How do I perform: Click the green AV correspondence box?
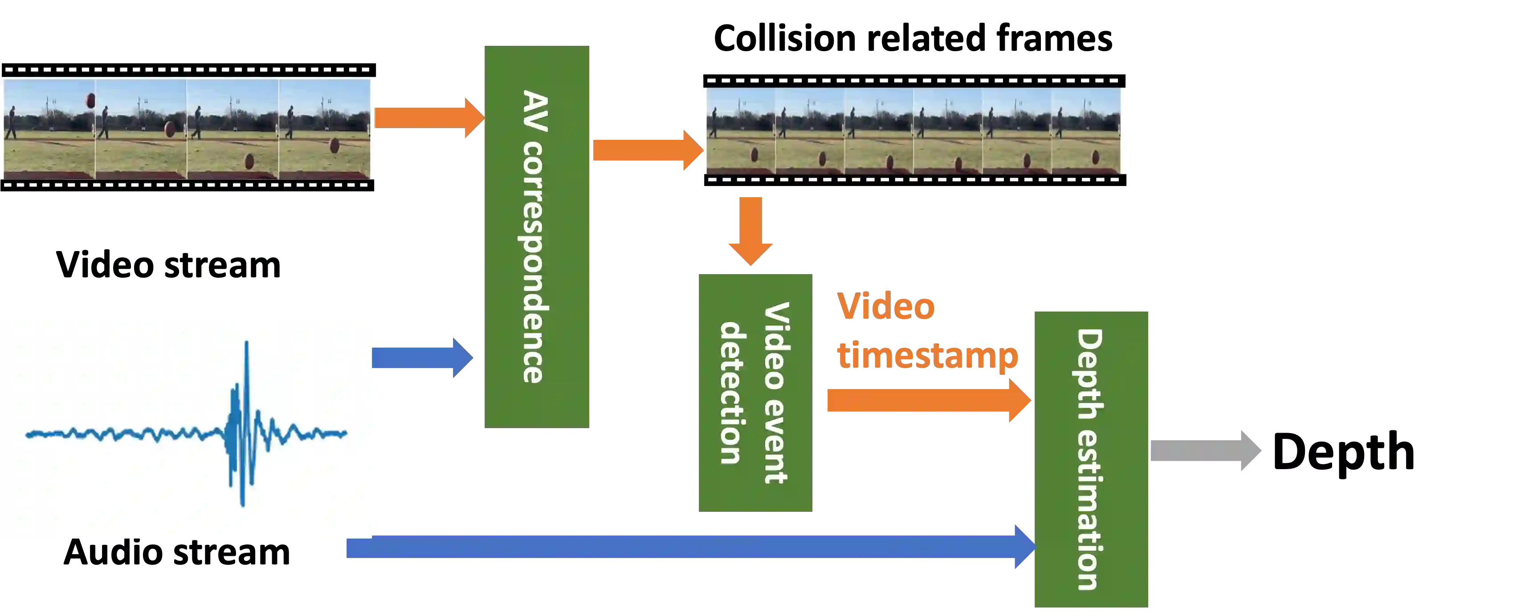point(538,236)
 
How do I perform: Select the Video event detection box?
point(757,391)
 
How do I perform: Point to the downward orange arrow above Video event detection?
point(751,230)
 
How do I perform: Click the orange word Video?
point(886,307)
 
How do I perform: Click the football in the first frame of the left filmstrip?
point(91,100)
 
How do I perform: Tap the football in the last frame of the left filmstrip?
point(334,146)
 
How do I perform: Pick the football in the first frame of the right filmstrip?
point(754,155)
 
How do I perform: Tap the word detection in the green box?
point(730,393)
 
